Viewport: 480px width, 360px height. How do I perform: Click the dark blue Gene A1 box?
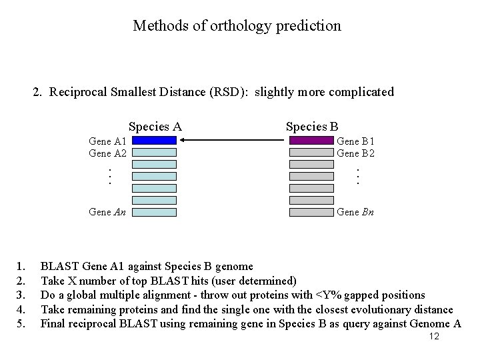[154, 141]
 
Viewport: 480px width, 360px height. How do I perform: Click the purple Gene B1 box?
[311, 141]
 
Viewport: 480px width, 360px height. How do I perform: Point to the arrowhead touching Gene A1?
[183, 141]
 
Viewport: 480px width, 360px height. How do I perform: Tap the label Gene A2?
[108, 153]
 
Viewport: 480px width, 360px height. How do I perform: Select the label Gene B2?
[355, 153]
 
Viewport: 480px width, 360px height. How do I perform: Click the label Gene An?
[108, 212]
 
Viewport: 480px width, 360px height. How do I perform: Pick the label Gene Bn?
[355, 212]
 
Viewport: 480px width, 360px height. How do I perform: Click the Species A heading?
[155, 127]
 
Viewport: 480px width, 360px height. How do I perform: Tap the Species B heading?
[312, 127]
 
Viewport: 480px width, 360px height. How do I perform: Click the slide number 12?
[434, 337]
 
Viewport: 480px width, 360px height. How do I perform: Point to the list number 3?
[21, 295]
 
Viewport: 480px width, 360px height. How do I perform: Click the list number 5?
[21, 324]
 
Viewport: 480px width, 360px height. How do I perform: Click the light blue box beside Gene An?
[154, 213]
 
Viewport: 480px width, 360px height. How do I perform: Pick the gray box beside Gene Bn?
[311, 213]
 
